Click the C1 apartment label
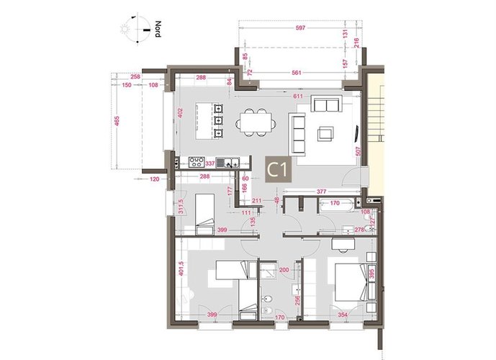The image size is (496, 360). (x=278, y=170)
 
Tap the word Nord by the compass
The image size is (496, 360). (x=157, y=30)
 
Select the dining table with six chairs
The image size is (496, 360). (x=256, y=120)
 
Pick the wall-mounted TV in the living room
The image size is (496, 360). (x=358, y=132)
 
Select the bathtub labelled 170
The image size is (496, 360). (x=333, y=204)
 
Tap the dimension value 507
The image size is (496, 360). (x=358, y=152)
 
